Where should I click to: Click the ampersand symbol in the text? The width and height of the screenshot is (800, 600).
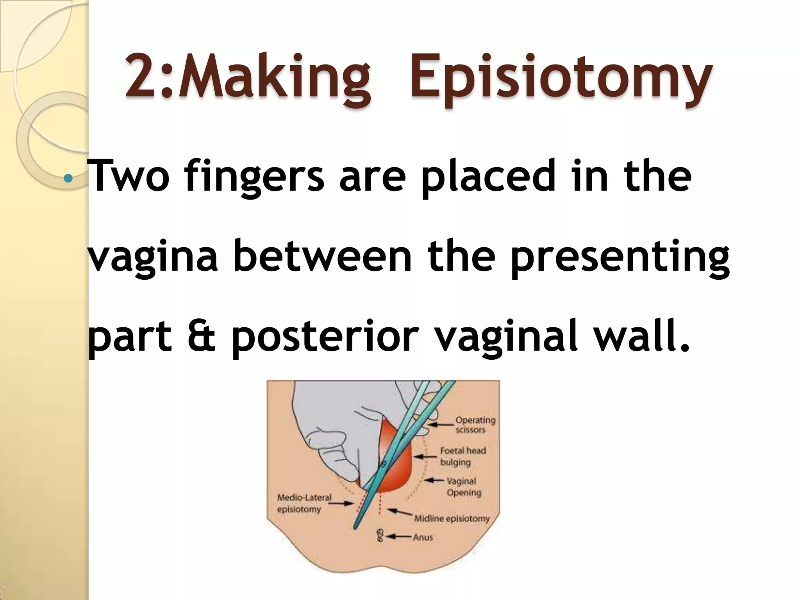pyautogui.click(x=202, y=337)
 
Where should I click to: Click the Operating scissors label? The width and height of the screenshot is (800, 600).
pyautogui.click(x=475, y=425)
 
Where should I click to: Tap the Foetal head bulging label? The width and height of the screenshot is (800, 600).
pyautogui.click(x=463, y=456)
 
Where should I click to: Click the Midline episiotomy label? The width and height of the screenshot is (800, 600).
pyautogui.click(x=452, y=519)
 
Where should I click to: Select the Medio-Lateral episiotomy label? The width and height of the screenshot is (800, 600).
pyautogui.click(x=304, y=503)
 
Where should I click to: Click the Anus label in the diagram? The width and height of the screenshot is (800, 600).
pyautogui.click(x=423, y=537)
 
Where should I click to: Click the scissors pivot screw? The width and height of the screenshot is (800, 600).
pyautogui.click(x=383, y=464)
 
